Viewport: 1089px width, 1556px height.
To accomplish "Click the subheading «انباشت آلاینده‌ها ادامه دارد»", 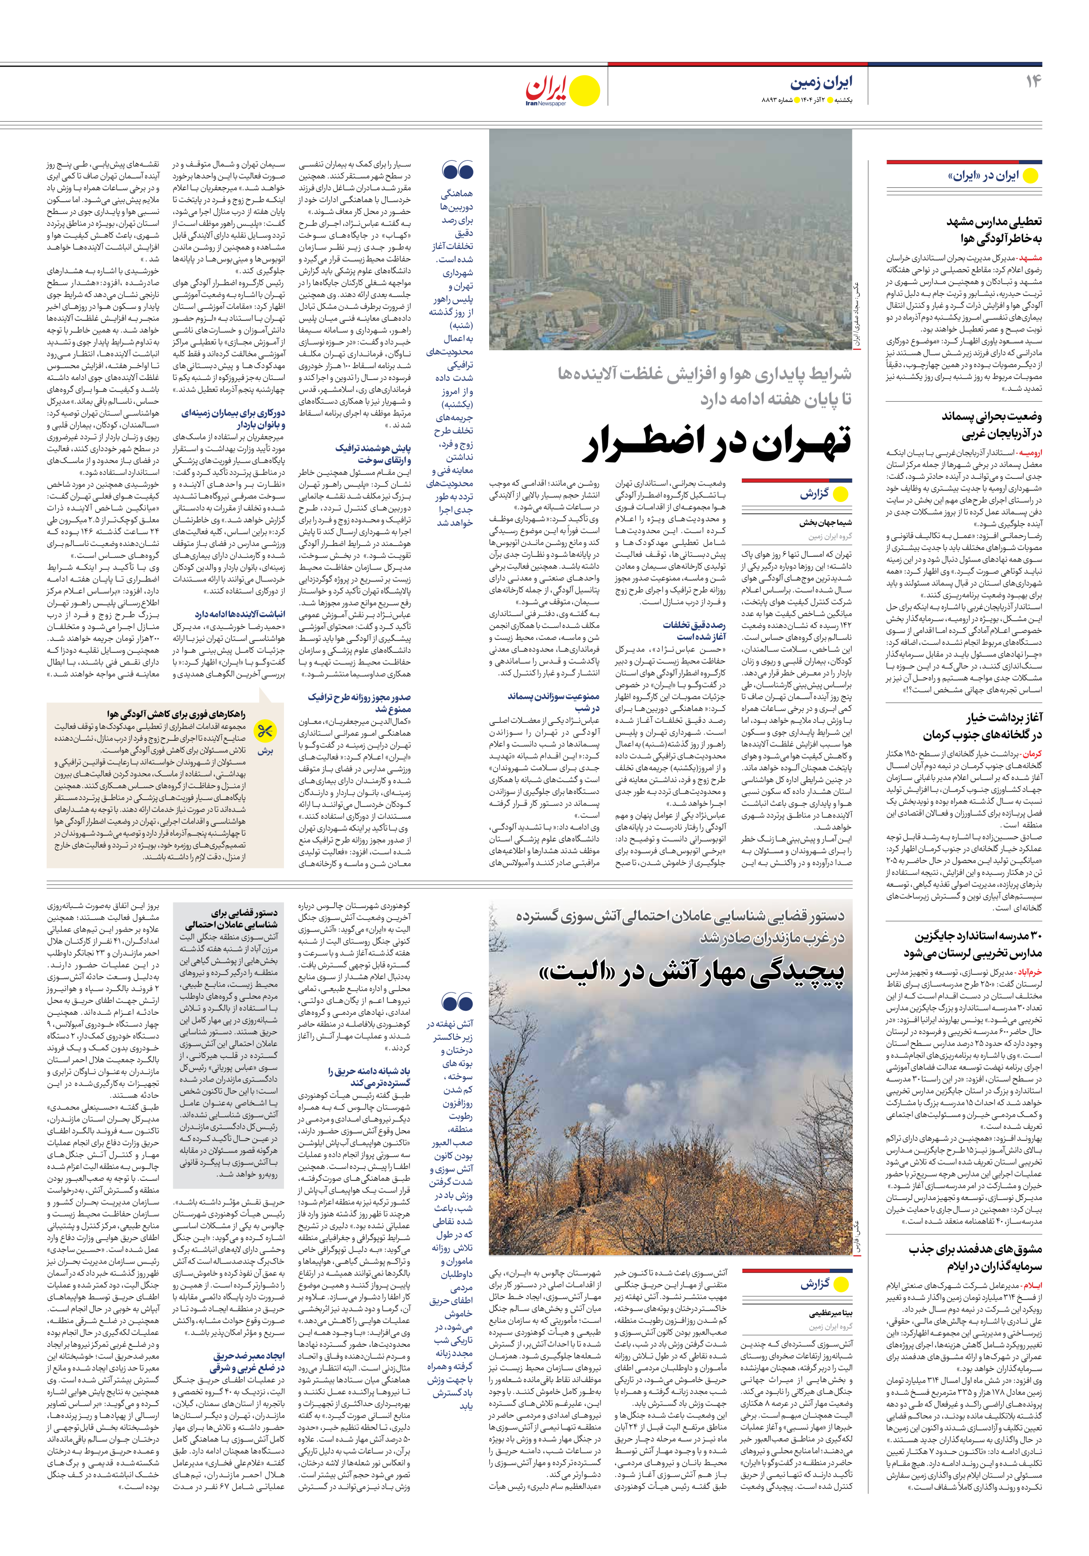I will (240, 614).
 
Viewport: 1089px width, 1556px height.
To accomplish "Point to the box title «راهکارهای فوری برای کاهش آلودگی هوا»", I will (176, 714).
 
